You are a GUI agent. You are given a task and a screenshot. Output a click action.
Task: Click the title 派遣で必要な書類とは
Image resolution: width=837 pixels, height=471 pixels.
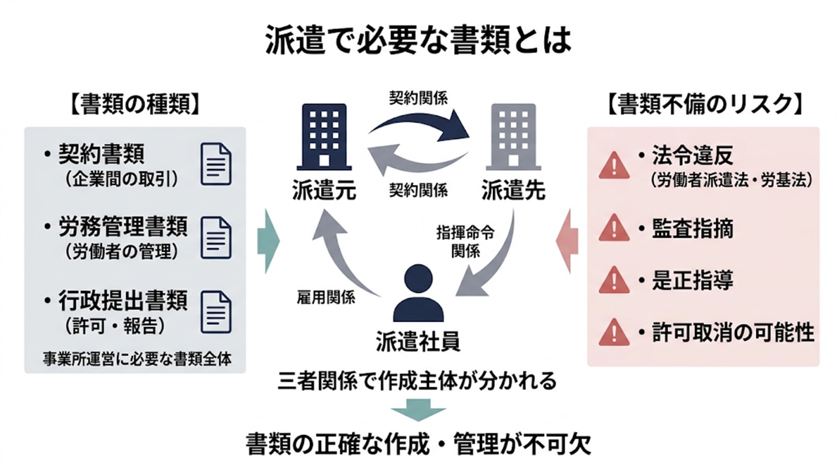coord(418,41)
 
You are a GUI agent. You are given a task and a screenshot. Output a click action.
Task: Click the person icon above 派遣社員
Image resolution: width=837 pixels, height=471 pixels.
coord(418,293)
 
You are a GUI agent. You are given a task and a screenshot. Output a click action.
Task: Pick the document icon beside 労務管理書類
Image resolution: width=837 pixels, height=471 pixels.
coord(216,236)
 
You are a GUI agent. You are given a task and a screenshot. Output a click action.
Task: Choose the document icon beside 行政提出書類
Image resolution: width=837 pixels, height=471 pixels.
coord(216,309)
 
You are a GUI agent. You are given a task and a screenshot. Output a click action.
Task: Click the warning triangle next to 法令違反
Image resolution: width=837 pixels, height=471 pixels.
coord(614,165)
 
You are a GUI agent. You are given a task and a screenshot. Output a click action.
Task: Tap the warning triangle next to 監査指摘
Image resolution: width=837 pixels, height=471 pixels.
coord(614,228)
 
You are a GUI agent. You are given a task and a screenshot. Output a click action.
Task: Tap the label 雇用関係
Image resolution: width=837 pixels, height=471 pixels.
coord(326,298)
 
